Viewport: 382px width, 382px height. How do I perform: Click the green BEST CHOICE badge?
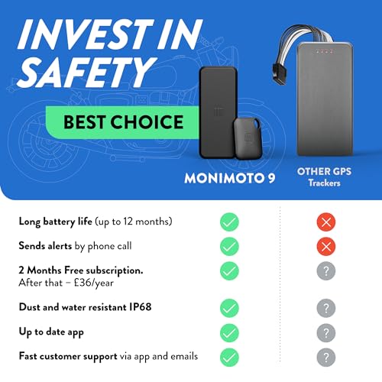coord(122,122)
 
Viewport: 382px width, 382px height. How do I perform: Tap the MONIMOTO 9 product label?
coord(230,178)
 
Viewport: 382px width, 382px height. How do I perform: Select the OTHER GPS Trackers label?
coord(324,176)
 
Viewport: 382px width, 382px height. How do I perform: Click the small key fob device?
coord(248,138)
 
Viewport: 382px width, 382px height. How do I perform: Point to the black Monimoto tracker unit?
coord(218,112)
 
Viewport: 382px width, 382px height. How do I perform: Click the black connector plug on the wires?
coord(280,73)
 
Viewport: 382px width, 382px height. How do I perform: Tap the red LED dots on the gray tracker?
coord(324,52)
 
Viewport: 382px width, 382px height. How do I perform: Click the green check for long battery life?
coord(229,222)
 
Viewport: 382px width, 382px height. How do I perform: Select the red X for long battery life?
coord(326,222)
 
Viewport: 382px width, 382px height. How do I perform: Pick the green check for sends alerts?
coord(229,246)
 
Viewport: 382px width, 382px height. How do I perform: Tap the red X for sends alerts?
coord(326,246)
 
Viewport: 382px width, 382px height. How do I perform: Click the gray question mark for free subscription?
coord(326,270)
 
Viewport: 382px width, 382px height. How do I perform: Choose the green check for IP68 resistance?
coord(229,308)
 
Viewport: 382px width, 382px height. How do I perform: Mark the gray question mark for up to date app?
coord(326,333)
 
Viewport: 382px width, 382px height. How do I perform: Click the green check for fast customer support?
coord(229,358)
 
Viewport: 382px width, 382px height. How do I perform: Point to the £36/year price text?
coord(94,283)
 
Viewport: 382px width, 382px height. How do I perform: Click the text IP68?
coord(141,307)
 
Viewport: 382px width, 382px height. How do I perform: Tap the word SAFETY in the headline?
coord(86,72)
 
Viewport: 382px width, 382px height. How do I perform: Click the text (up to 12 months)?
coord(134,222)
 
